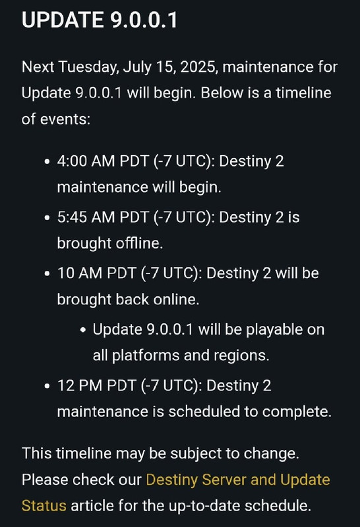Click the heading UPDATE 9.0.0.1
pos(100,20)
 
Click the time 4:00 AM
pos(86,161)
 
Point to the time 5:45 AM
pos(86,217)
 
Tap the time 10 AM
pos(80,273)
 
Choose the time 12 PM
pos(80,385)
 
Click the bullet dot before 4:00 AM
pos(47,161)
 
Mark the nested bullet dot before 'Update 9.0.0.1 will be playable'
pos(83,330)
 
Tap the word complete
pos(297,412)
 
